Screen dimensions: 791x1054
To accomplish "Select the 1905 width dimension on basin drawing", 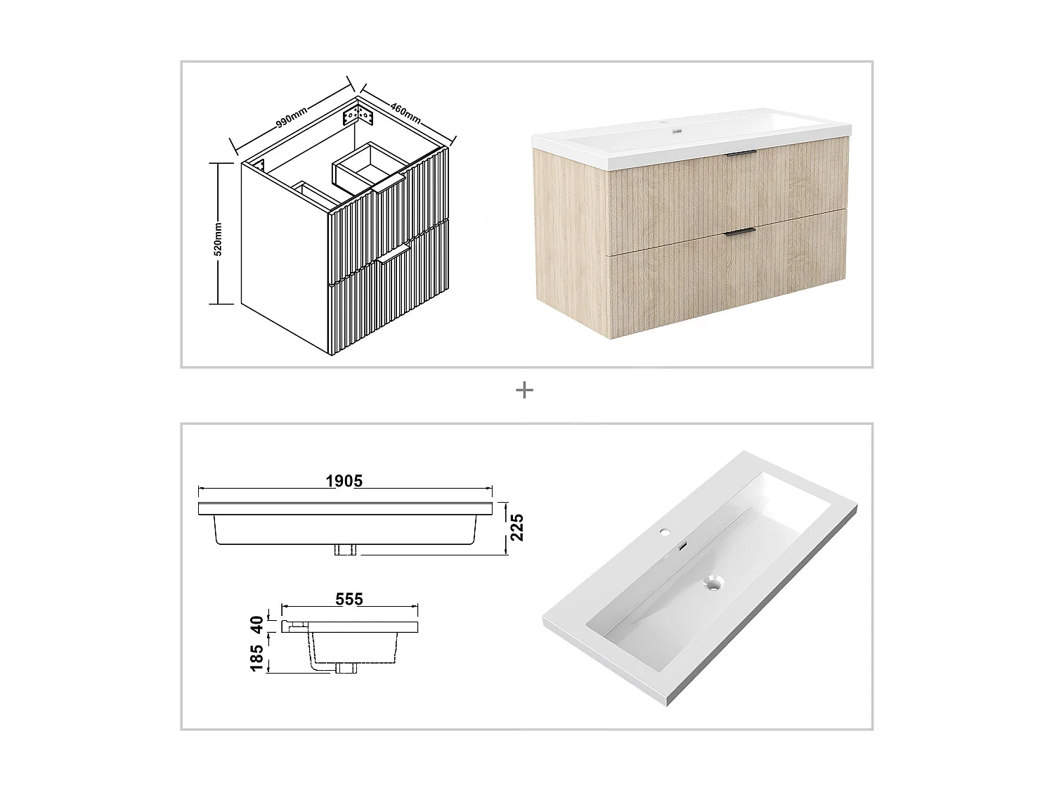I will pos(344,481).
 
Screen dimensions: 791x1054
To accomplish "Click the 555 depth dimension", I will pos(349,599).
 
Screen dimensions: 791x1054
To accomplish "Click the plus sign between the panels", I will pos(524,390).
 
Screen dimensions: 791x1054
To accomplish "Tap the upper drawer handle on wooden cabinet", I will pos(741,153).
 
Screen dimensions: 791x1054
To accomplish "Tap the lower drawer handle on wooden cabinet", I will pos(741,231).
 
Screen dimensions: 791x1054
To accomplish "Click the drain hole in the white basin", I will pos(715,582).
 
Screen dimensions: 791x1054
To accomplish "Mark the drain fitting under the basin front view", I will pos(346,550).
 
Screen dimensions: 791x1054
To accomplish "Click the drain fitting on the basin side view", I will pos(345,668).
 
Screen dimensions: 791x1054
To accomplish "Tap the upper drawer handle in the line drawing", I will pos(389,185).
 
